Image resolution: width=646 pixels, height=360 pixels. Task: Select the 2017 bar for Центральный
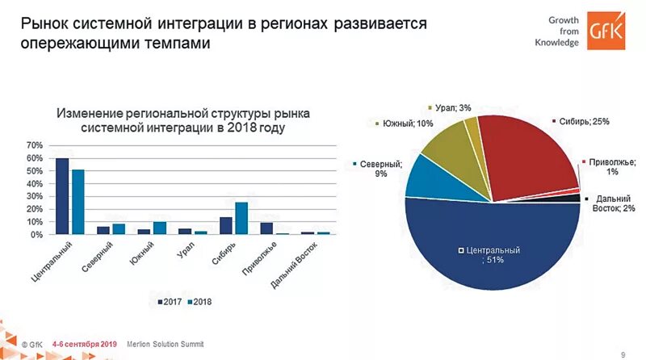click(61, 196)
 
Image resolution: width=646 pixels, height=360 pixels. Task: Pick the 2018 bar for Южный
click(159, 228)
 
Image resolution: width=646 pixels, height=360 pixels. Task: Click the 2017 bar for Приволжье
click(266, 228)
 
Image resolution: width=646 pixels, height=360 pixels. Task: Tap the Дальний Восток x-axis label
click(296, 266)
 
